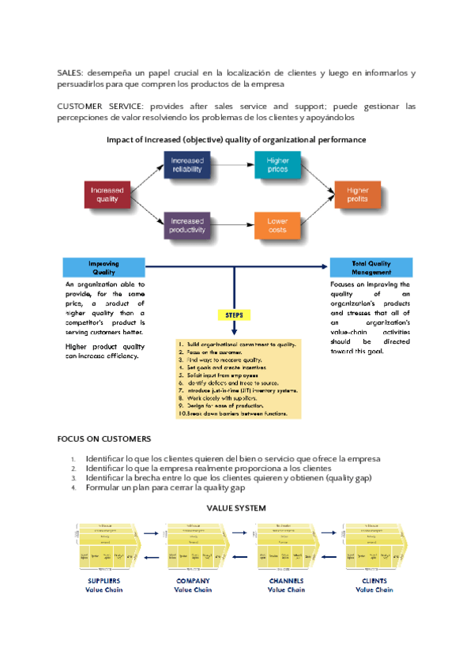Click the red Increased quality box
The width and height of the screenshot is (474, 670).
[107, 194]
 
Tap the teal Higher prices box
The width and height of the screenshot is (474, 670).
[277, 165]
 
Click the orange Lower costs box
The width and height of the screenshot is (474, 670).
[277, 224]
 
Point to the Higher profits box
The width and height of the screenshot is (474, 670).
[357, 194]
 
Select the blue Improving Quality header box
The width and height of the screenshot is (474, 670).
[103, 267]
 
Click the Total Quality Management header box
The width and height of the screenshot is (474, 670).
[371, 267]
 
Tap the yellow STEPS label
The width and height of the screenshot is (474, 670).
[235, 314]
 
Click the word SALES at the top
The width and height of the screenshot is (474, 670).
[70, 73]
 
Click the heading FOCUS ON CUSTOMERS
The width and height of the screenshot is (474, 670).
[104, 439]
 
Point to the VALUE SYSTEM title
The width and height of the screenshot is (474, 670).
[235, 507]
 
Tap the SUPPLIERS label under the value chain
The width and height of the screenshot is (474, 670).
[103, 582]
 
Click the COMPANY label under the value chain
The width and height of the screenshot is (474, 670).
[193, 582]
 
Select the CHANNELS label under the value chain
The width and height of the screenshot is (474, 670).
[286, 582]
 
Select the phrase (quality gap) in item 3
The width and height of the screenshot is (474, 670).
[350, 478]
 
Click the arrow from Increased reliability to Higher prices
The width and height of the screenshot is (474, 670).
[234, 165]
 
